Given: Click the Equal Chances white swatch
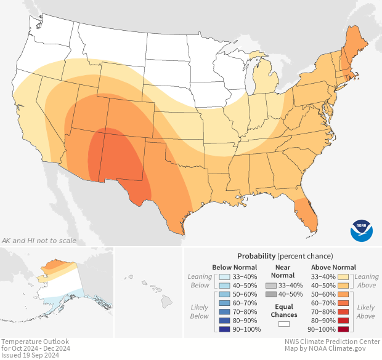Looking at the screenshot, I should click(284, 323).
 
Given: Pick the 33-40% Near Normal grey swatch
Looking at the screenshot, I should click(270, 286).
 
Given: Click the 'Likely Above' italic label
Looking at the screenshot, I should click(365, 311).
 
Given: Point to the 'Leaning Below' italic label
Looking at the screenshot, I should click(200, 281).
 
